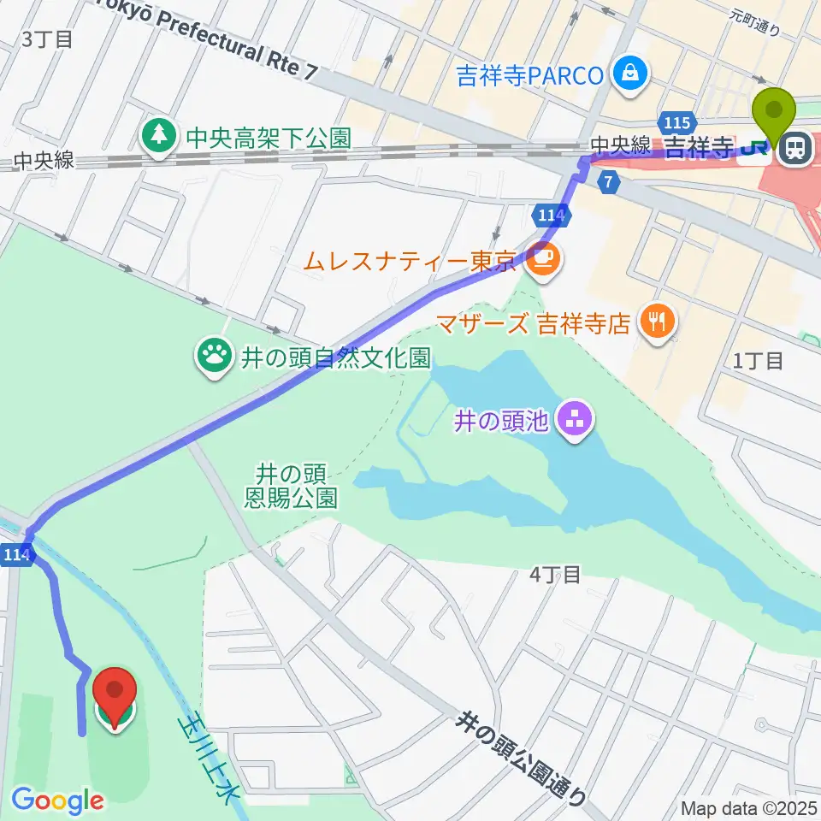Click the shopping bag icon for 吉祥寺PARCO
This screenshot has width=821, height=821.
pos(630,74)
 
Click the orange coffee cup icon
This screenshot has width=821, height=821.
pos(540,260)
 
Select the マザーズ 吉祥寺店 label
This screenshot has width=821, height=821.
pos(535,322)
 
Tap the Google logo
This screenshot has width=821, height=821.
pos(58,800)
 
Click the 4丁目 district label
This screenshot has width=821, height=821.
pos(555,575)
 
